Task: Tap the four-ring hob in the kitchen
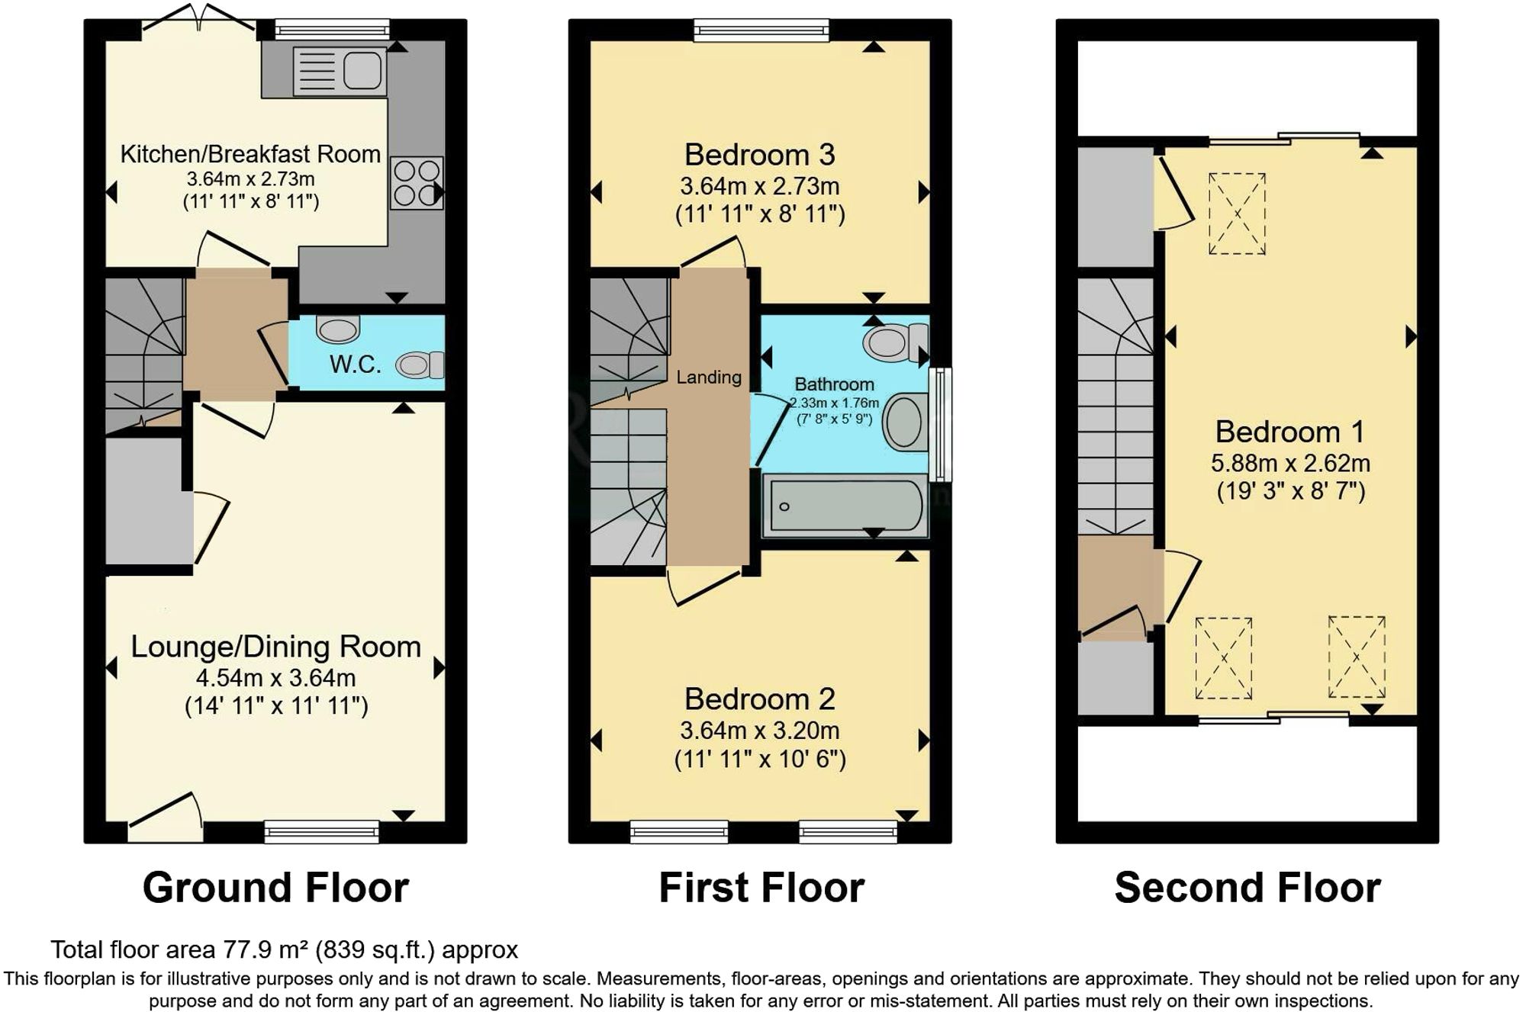click(417, 183)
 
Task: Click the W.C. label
click(355, 365)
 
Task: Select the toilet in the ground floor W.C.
click(420, 365)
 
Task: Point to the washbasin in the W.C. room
click(337, 329)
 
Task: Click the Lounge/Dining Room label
click(275, 647)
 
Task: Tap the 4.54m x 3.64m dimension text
click(275, 677)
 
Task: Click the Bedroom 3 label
click(759, 155)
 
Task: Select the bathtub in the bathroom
click(844, 506)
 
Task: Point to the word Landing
click(708, 377)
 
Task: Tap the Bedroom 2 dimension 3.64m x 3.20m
click(759, 731)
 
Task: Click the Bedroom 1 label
click(1289, 432)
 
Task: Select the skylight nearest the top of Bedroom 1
click(1237, 214)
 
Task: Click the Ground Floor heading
click(275, 888)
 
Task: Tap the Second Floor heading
click(1247, 888)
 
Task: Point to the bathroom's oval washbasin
click(904, 421)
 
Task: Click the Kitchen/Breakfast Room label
click(250, 154)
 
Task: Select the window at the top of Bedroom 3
click(761, 31)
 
